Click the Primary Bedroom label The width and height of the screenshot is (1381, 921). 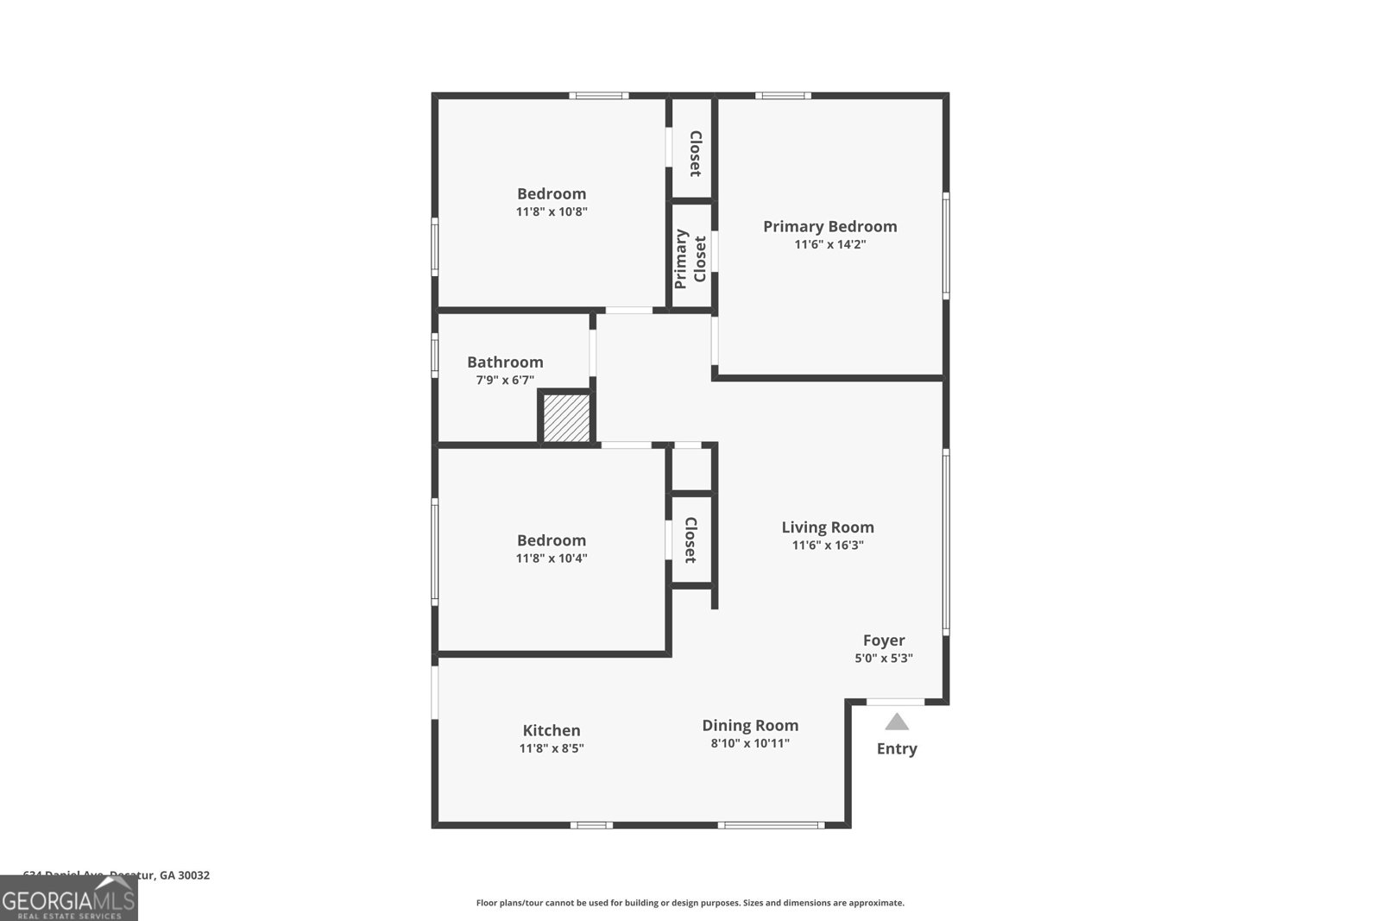click(829, 226)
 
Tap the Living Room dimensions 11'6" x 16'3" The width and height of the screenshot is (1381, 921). click(828, 545)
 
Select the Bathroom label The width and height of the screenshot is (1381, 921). click(505, 362)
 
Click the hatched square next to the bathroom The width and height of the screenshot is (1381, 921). click(566, 418)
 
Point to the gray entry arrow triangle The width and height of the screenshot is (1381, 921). click(897, 722)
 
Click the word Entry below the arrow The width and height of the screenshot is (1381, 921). click(897, 748)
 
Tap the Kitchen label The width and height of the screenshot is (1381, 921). click(552, 730)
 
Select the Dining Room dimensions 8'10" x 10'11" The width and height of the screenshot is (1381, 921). click(750, 743)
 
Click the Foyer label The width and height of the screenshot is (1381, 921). click(884, 640)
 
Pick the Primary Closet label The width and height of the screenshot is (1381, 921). click(691, 258)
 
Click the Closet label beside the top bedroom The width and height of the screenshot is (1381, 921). click(695, 154)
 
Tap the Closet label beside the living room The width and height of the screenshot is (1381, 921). click(690, 540)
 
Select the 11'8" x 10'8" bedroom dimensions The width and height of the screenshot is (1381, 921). click(552, 211)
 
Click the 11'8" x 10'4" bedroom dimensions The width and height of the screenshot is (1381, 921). click(552, 558)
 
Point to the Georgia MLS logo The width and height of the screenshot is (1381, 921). click(69, 901)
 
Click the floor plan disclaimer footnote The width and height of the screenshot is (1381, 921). click(690, 903)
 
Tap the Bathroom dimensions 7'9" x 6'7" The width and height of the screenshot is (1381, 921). click(505, 380)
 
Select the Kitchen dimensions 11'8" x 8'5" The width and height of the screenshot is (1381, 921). click(552, 748)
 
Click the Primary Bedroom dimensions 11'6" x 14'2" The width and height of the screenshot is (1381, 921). click(829, 244)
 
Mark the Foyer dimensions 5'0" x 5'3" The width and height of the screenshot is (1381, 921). click(884, 658)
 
